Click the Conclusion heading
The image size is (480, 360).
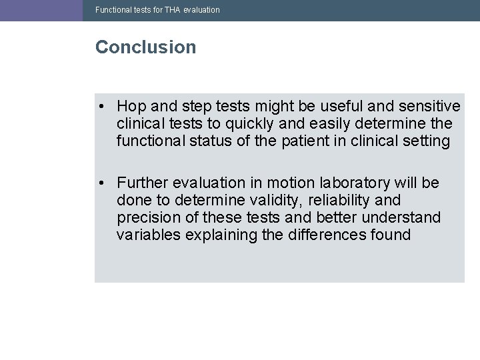pos(145,47)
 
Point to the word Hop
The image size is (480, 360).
pos(130,107)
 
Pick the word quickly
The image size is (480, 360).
pos(231,124)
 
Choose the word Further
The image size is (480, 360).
pos(142,183)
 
